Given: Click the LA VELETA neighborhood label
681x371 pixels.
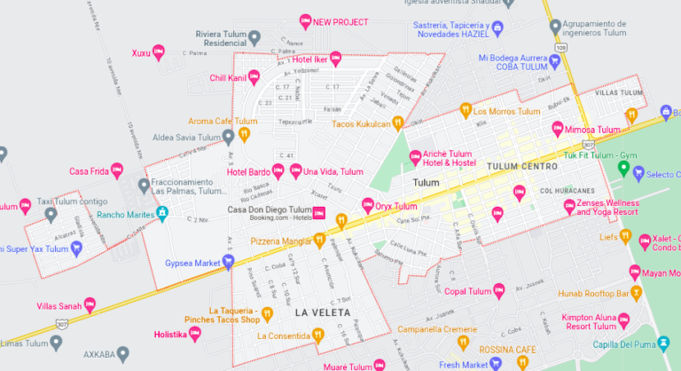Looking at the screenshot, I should click(323, 313).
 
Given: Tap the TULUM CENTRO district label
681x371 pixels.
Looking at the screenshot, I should click(522, 167).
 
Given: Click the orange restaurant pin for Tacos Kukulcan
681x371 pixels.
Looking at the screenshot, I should click(399, 123).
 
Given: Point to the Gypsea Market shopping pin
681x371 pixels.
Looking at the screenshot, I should click(228, 262).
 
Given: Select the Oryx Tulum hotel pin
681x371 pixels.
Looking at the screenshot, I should click(365, 206).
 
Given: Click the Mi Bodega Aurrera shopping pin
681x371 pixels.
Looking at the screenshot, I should click(555, 59).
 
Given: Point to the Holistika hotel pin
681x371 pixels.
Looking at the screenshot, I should click(196, 335).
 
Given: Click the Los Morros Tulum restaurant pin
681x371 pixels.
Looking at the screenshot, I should click(465, 111).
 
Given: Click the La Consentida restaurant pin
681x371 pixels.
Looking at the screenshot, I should click(317, 335).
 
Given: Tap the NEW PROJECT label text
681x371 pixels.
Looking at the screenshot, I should click(340, 21).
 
